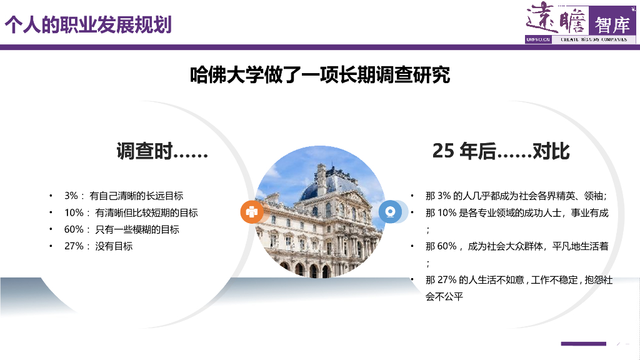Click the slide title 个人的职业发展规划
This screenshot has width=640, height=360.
[88, 24]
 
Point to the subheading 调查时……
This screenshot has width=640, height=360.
[162, 151]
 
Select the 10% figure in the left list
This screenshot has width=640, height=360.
[73, 212]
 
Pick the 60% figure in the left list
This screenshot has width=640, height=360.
[73, 229]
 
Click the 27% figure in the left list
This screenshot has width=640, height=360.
[73, 246]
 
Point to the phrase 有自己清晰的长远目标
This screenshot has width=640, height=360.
[136, 196]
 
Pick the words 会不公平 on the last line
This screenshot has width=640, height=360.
[444, 297]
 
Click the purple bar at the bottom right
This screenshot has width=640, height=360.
[583, 344]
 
